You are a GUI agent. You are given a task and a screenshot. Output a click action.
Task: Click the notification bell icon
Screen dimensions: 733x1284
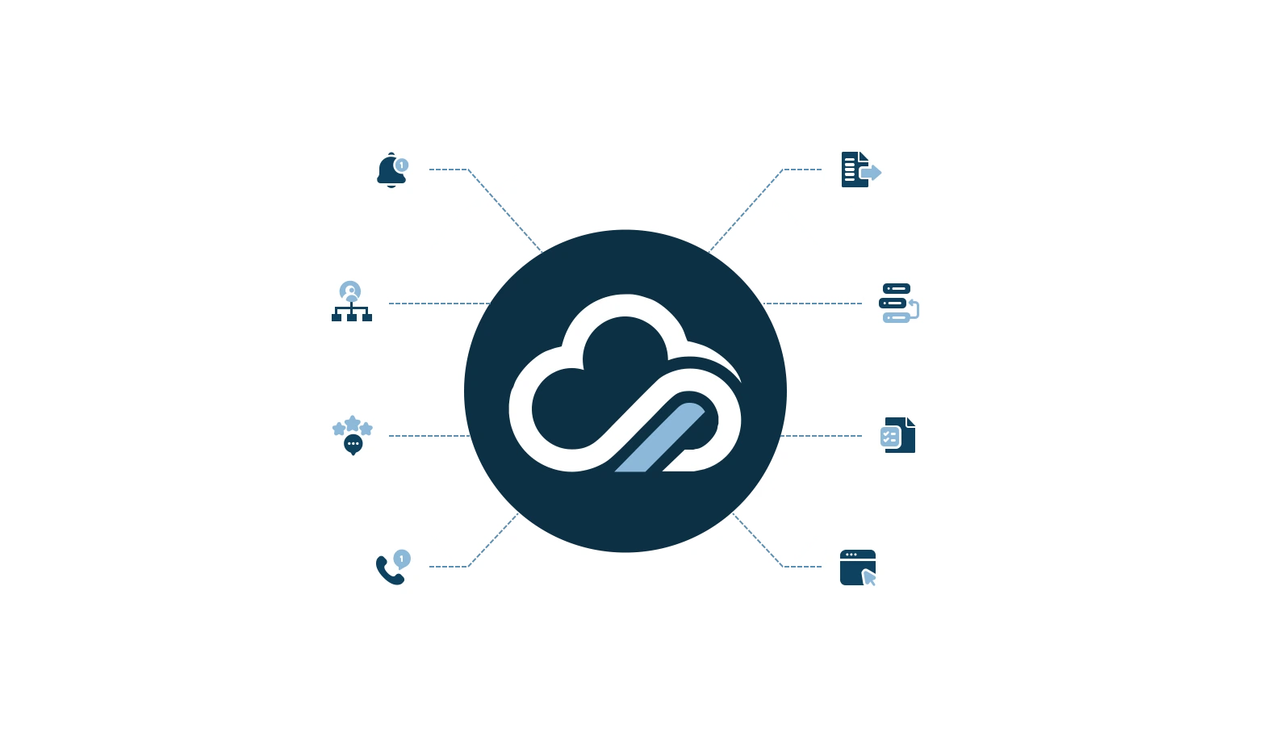391,171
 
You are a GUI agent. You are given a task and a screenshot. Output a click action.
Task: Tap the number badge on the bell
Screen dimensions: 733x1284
401,165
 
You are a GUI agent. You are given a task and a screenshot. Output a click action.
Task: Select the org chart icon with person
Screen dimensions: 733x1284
351,302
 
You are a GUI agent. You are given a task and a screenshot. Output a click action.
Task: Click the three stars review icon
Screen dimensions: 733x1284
352,425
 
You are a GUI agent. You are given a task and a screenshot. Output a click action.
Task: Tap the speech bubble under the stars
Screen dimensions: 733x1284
353,444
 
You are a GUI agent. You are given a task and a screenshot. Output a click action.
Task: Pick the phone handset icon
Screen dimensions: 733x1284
389,571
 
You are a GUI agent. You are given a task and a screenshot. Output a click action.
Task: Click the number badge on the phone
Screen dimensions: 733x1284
402,558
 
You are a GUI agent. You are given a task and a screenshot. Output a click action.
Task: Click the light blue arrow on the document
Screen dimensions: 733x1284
871,173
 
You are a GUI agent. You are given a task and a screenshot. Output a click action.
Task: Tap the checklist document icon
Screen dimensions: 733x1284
898,435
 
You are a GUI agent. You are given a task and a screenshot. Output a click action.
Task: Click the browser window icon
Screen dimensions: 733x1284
857,567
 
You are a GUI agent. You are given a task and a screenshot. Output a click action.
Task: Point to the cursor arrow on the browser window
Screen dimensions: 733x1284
869,577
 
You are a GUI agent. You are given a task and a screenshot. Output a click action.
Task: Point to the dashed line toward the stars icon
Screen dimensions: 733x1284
428,436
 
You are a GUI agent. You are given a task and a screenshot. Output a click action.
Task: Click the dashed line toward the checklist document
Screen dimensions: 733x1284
822,436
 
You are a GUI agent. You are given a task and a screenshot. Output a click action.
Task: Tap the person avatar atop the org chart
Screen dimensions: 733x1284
350,291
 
